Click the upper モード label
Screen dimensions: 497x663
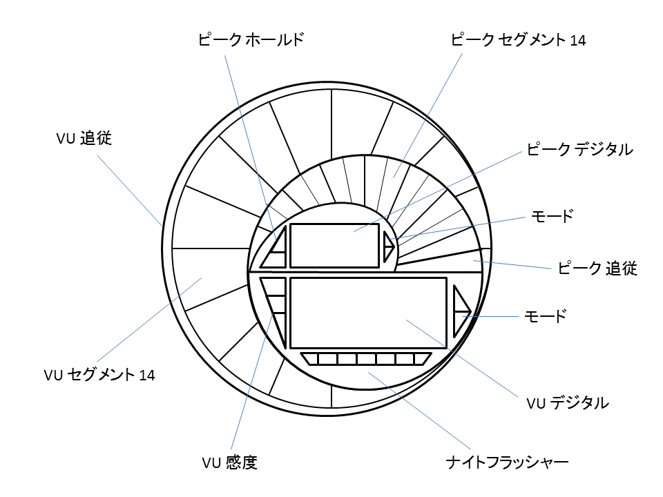(x=552, y=217)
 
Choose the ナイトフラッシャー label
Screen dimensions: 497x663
(x=508, y=461)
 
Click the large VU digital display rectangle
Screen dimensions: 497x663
(x=368, y=313)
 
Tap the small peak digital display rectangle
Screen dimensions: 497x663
(x=335, y=245)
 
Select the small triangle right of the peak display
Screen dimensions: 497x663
(x=389, y=246)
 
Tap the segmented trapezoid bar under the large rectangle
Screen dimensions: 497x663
(x=366, y=359)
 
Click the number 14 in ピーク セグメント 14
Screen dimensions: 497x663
(x=577, y=40)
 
